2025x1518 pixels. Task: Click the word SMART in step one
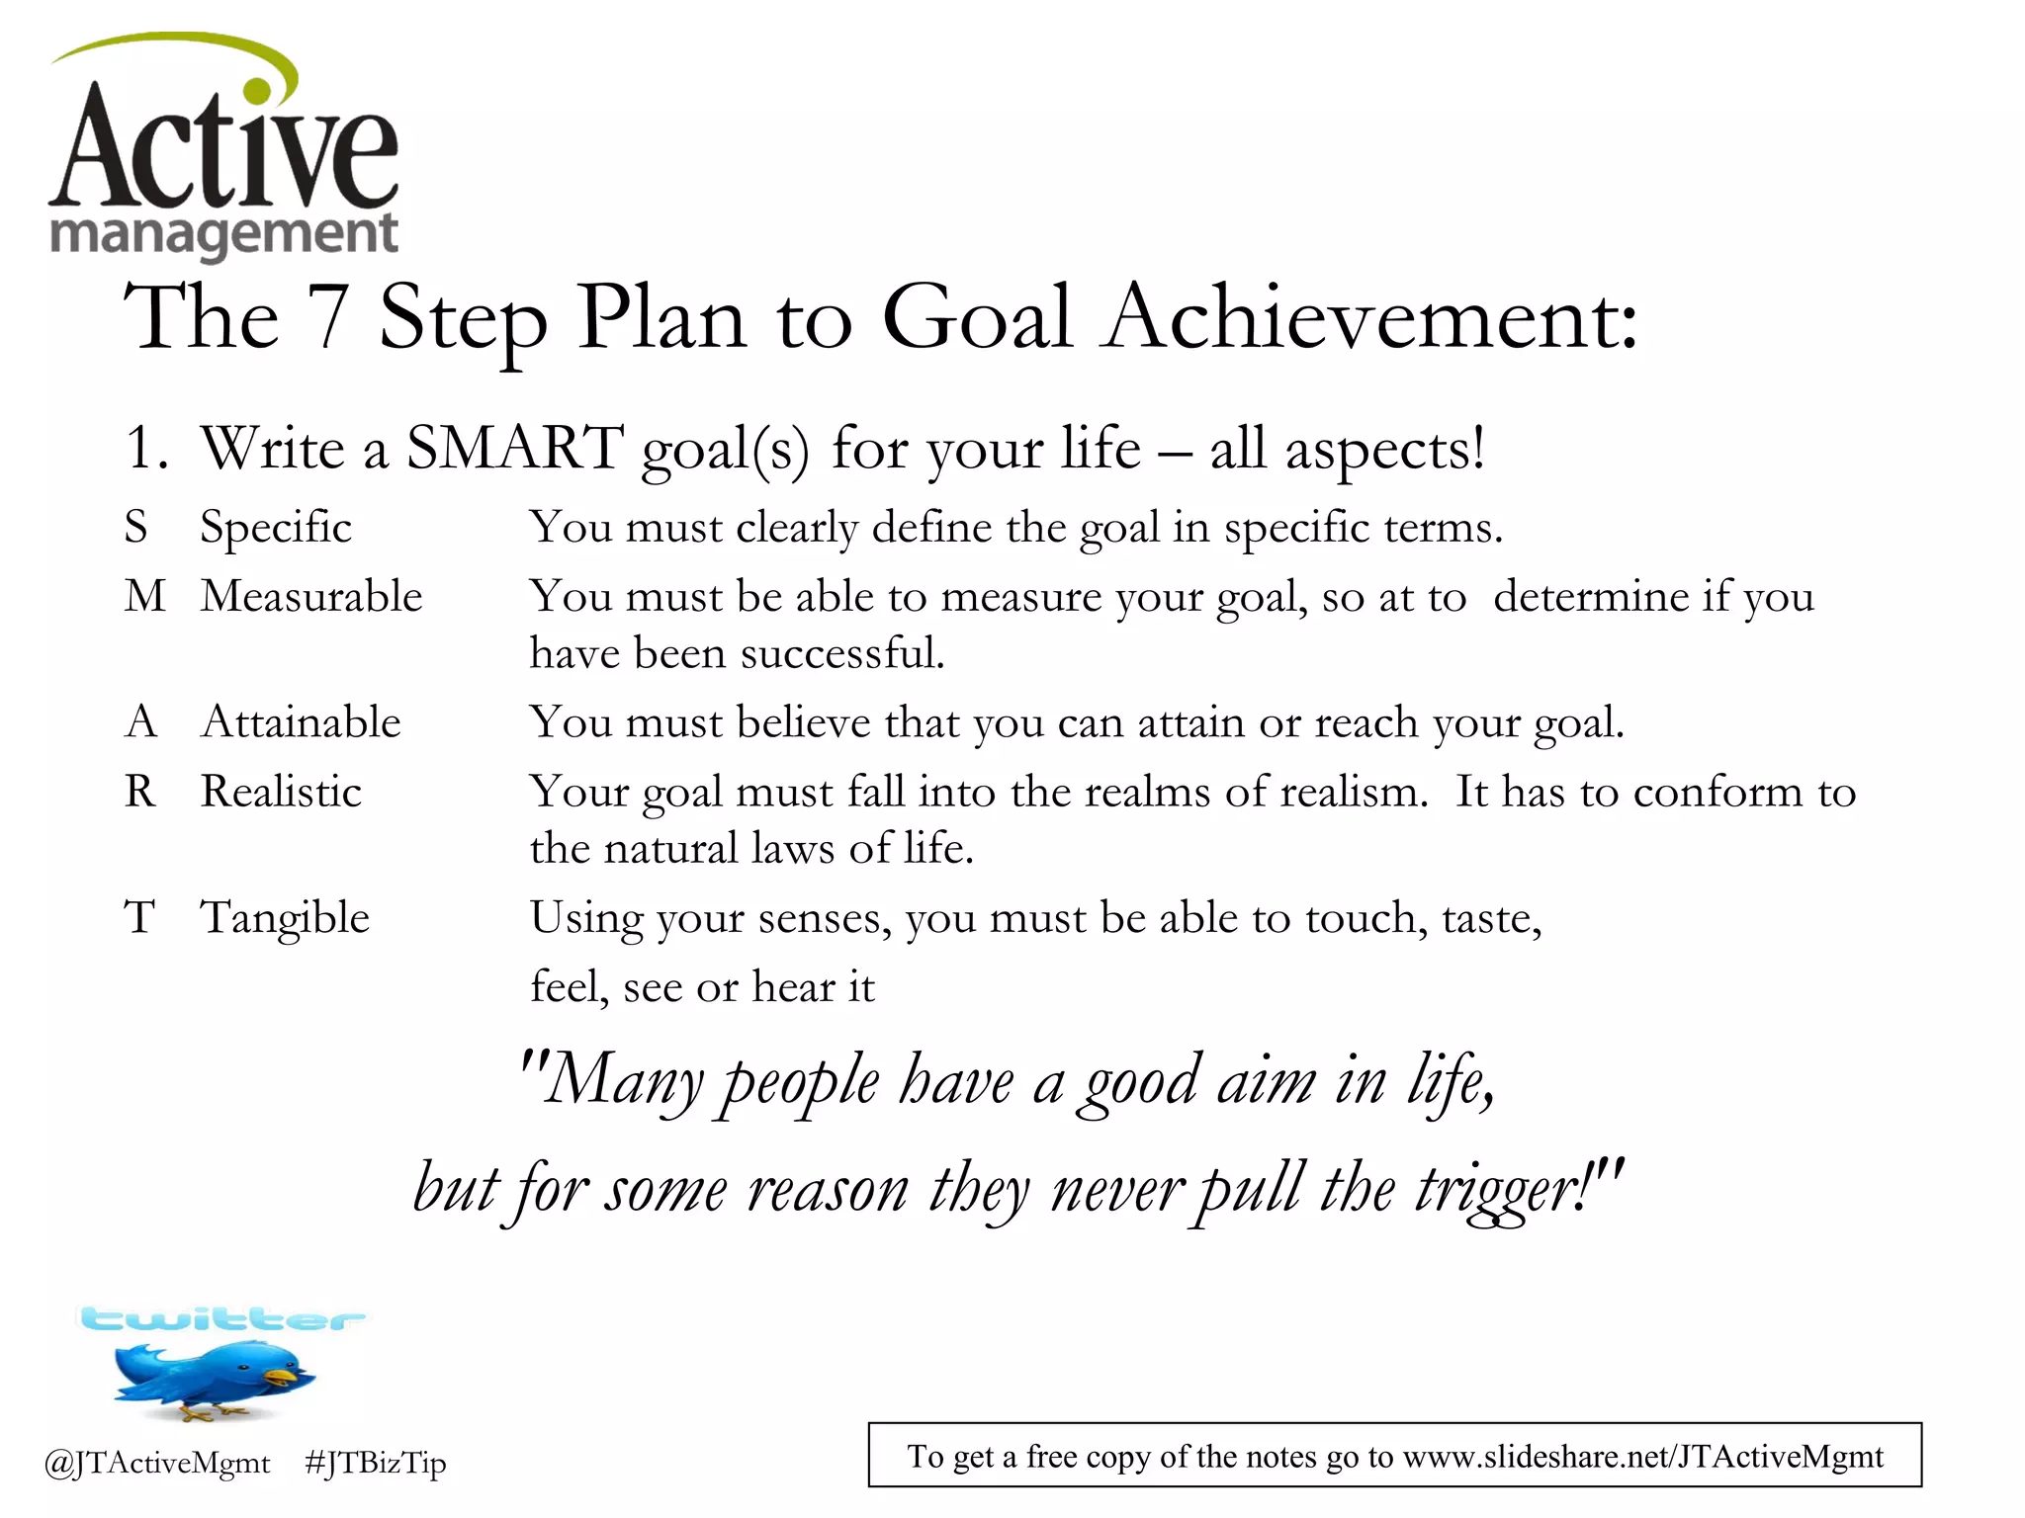pos(515,448)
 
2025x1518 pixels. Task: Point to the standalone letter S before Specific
pos(136,527)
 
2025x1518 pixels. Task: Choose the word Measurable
pos(311,596)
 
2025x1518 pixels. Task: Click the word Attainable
pos(301,722)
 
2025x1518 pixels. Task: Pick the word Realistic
pos(281,792)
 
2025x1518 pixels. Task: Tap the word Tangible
pos(285,918)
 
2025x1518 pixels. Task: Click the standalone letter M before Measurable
pos(145,596)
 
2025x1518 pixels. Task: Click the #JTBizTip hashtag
pos(376,1463)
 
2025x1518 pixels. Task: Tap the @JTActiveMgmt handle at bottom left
pos(157,1463)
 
